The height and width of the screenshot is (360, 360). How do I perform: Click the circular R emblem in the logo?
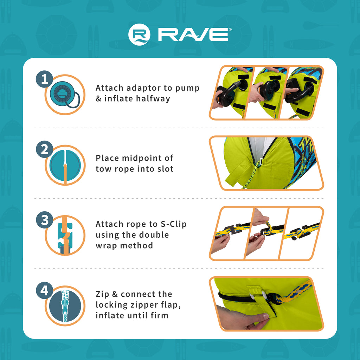pos(139,34)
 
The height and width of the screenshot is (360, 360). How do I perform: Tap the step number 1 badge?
pos(45,79)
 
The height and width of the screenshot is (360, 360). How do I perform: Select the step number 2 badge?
pos(45,149)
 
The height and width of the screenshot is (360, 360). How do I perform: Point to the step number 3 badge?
pos(45,220)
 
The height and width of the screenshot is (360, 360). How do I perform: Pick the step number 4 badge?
pos(45,290)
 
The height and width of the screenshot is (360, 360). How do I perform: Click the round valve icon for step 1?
pos(65,95)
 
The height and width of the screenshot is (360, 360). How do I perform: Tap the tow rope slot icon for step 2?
pos(65,165)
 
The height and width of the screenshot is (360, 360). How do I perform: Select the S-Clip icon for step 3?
pos(65,235)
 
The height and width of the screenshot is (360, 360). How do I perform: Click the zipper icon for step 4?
pos(65,306)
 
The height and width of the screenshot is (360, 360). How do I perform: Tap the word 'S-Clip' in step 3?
pos(173,224)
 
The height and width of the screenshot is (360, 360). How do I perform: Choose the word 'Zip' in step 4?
pos(102,295)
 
